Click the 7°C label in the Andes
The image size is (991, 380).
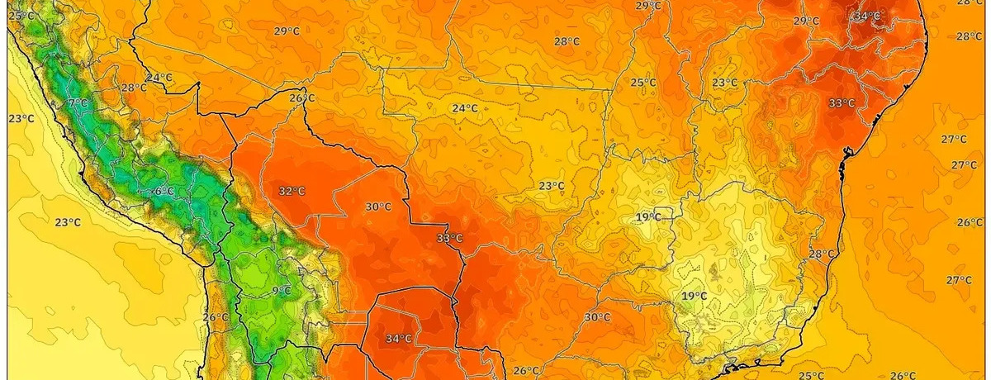(78, 103)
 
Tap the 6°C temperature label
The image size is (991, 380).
(164, 192)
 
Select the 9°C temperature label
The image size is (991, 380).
(282, 290)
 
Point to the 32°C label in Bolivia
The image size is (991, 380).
(291, 191)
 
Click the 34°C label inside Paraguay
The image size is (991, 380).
(399, 338)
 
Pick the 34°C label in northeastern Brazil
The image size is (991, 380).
(867, 16)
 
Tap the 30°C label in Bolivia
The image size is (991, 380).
(378, 207)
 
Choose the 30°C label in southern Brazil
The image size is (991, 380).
(597, 316)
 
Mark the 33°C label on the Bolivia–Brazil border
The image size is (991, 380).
(449, 239)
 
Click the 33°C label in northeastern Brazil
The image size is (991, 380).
(842, 103)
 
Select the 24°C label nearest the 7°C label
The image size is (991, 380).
(159, 78)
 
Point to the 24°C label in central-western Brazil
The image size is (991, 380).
(464, 108)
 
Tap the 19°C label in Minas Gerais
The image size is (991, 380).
(694, 296)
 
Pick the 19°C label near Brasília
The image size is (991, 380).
(648, 217)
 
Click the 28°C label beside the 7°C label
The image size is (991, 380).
(134, 88)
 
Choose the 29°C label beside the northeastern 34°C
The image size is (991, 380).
(806, 21)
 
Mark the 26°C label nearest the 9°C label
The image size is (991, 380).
(215, 317)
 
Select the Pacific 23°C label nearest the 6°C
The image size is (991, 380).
(68, 222)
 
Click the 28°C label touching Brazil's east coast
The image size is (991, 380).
(822, 254)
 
